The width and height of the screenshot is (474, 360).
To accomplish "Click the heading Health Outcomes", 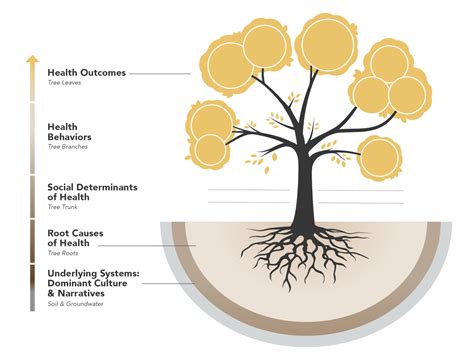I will point(87,73).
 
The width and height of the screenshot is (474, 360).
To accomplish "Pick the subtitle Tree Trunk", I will point(62,209).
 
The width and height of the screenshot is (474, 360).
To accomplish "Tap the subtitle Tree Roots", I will point(61,254).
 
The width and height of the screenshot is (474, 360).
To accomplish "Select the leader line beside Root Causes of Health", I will point(165,244).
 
